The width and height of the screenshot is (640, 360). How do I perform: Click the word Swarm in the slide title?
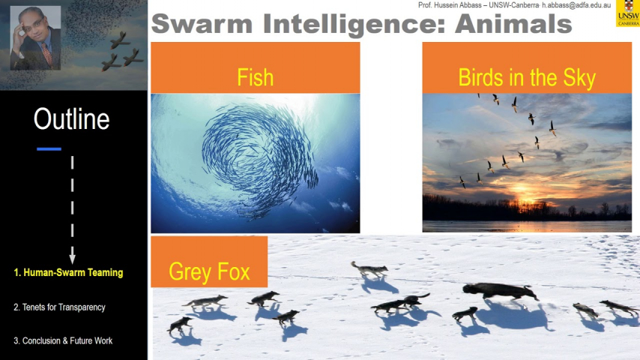click(x=202, y=24)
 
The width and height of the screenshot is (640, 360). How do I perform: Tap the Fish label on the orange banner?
click(x=255, y=77)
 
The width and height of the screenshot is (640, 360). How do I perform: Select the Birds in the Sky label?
click(x=527, y=78)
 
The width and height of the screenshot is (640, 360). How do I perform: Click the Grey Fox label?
click(x=209, y=271)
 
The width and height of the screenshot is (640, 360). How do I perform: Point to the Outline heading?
click(x=71, y=119)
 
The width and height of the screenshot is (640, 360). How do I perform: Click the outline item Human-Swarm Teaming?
click(x=68, y=272)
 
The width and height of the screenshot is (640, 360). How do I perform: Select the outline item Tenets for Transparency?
click(x=59, y=307)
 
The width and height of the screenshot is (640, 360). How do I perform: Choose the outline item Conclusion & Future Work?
click(x=63, y=340)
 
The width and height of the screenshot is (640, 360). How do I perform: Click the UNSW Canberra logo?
click(x=628, y=13)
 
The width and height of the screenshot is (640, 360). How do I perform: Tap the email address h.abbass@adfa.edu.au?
click(x=576, y=5)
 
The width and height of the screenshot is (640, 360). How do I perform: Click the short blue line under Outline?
click(x=49, y=149)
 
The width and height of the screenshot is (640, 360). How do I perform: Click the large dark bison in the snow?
click(x=500, y=291)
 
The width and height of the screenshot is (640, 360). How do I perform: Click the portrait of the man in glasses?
click(x=35, y=38)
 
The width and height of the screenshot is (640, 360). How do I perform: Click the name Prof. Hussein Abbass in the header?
click(x=449, y=5)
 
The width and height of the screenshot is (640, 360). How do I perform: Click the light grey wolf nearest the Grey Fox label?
click(x=369, y=270)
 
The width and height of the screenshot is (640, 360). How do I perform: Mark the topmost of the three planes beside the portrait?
click(x=120, y=40)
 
